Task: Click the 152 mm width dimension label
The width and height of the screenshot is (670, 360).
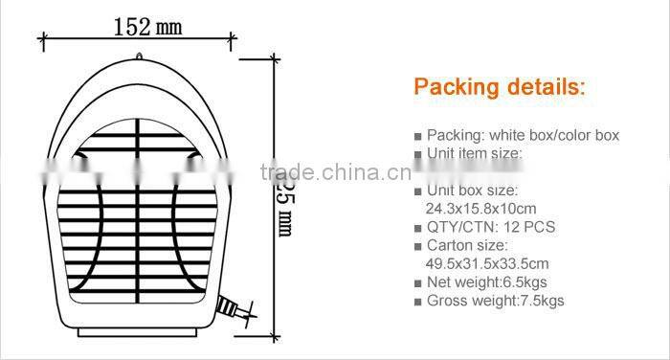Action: coord(146,26)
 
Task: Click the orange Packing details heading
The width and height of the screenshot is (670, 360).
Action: coord(498,87)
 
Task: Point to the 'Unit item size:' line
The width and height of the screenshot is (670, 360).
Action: coord(474,153)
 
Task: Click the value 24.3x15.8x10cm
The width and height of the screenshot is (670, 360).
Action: coord(480,208)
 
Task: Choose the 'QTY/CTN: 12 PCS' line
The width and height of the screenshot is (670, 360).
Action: coord(490,227)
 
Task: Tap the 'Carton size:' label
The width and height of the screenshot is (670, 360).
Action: coord(464,245)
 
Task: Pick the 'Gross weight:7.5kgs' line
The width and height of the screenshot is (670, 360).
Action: coord(495,301)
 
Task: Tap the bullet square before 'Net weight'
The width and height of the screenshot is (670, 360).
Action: coord(417,283)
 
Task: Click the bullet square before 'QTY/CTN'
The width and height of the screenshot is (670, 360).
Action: coord(417,228)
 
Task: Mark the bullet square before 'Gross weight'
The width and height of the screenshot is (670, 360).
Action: coord(417,302)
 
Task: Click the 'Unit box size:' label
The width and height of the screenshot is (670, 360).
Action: coord(470,190)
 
